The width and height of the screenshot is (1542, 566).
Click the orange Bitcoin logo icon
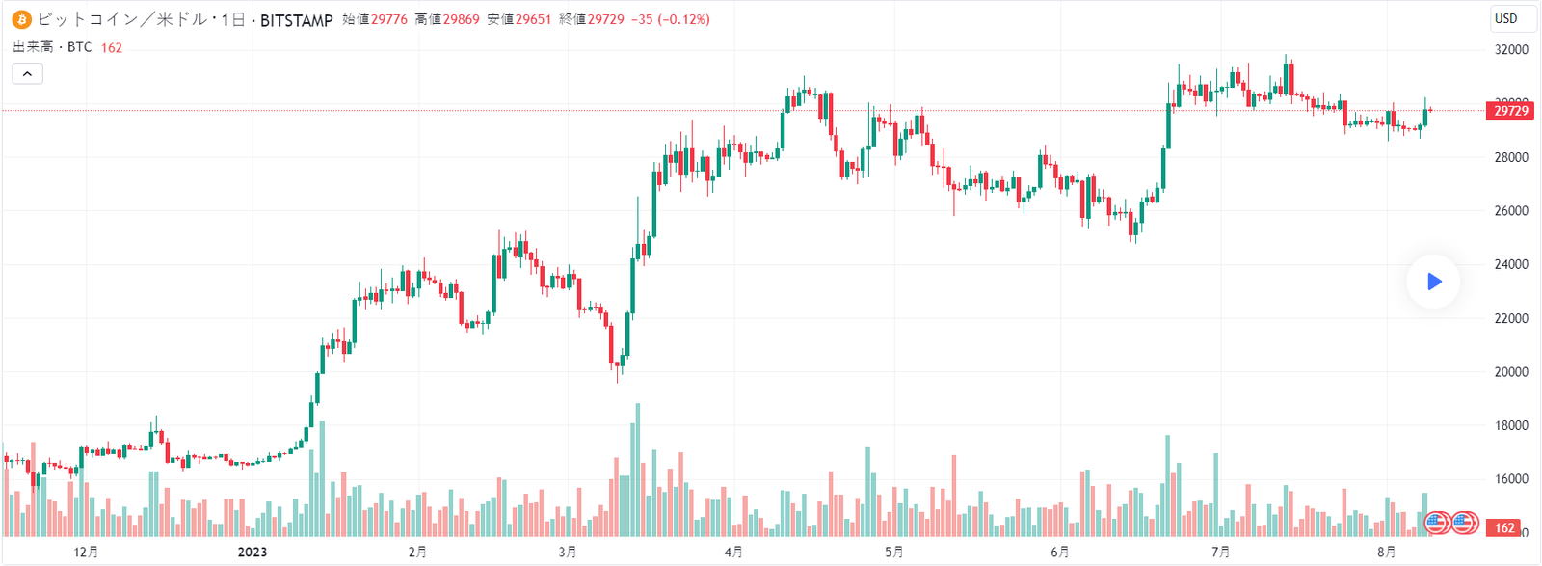coord(21,19)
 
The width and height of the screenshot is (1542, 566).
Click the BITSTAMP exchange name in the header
coord(296,20)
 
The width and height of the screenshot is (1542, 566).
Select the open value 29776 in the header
coord(389,19)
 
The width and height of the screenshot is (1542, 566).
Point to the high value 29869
coord(461,19)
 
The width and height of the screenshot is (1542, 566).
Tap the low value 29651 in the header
coord(533,19)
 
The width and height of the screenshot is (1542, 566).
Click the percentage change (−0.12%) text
coord(684,19)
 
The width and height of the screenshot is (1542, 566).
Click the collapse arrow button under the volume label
coord(27,73)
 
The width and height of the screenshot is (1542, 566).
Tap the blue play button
coord(1434,282)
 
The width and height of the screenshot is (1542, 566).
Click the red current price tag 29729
coord(1510,111)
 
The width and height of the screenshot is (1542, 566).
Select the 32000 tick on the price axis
coord(1511,50)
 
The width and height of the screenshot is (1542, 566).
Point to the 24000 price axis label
coord(1511,264)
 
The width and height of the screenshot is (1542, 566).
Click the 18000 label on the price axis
coord(1511,425)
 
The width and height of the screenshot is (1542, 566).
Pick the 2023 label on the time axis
coord(253,553)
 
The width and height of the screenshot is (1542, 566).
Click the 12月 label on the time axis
coord(87,553)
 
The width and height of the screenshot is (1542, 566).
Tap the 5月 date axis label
coord(894,553)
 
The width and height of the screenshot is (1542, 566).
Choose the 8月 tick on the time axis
coord(1387,553)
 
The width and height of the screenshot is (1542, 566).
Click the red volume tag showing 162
coord(1505,528)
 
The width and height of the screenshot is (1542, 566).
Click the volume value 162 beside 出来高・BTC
coord(112,47)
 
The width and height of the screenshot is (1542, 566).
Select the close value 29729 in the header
coord(606,19)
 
